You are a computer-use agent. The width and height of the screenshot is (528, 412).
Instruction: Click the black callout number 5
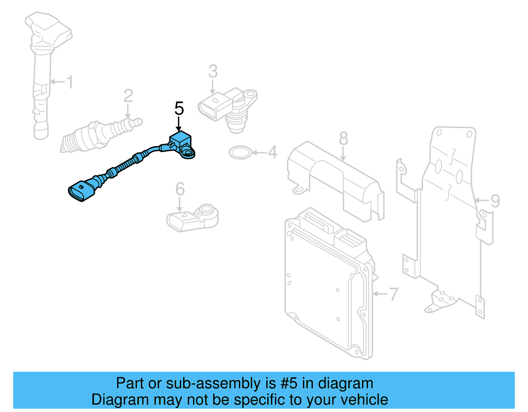tap(179, 109)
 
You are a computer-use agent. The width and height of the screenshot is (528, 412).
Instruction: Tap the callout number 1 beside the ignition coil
tap(69, 82)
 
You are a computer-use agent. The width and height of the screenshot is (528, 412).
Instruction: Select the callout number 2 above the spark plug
tap(128, 96)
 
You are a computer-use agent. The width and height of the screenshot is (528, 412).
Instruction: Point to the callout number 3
tap(213, 72)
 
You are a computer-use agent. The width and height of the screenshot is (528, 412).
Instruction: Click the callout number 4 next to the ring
tap(272, 152)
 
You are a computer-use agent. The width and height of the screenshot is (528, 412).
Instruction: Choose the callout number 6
tap(180, 189)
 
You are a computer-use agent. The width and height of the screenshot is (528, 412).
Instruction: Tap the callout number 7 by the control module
tap(393, 294)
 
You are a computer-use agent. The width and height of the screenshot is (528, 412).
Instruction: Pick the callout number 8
tap(343, 139)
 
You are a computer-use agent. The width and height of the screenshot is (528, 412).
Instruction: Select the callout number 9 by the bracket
tap(495, 201)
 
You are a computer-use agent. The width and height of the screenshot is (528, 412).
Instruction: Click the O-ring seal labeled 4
tap(240, 152)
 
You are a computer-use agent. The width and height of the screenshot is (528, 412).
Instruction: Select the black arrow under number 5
tap(179, 124)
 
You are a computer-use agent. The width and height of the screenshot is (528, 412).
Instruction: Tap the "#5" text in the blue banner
tap(289, 383)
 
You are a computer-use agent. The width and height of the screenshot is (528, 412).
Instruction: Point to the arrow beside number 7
tap(380, 294)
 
